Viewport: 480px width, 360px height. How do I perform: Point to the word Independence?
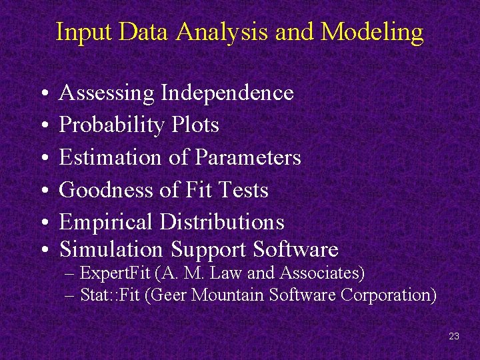click(x=227, y=93)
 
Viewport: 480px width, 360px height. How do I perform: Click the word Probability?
click(x=112, y=125)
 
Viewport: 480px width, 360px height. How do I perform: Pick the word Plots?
click(x=195, y=125)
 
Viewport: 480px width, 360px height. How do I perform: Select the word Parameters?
click(x=248, y=158)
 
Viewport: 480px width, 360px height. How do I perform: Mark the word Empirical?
click(x=107, y=223)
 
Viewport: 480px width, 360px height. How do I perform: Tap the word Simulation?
click(x=111, y=249)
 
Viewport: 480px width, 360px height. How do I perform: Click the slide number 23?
click(x=454, y=336)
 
